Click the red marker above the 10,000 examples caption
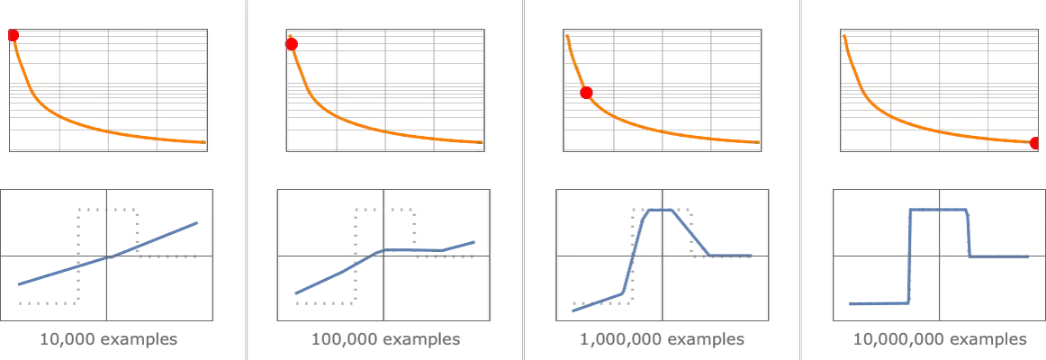[14, 35]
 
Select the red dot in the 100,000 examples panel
[292, 44]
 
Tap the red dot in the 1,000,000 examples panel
[586, 93]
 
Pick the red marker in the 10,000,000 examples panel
[1033, 143]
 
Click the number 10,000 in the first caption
[67, 339]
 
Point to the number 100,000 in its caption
[343, 339]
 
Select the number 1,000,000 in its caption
[616, 339]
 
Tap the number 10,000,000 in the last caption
[895, 339]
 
